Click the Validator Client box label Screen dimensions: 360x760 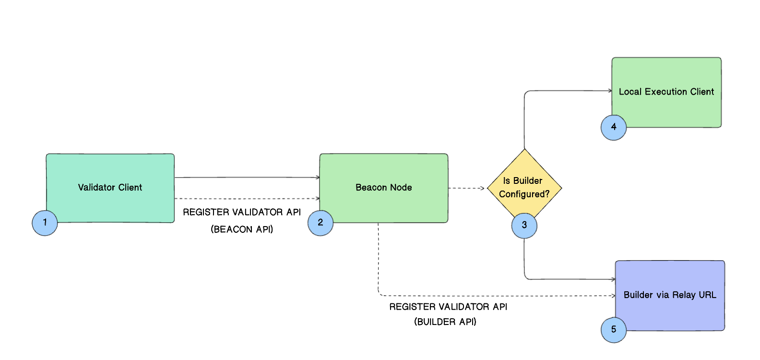tap(110, 188)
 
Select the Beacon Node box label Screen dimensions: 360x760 tap(383, 188)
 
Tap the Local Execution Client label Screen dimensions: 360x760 tap(666, 92)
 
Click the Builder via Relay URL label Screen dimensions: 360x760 tap(669, 295)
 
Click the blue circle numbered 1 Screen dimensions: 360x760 tap(45, 223)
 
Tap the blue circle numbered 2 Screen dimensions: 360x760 tap(321, 223)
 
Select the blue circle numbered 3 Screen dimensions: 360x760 tap(524, 226)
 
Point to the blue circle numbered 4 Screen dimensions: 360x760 tap(614, 127)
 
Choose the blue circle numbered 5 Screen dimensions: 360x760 tap(614, 330)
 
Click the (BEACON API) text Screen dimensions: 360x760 tap(242, 229)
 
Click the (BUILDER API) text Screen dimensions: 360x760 tap(445, 322)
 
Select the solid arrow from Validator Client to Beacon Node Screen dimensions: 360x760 tap(247, 178)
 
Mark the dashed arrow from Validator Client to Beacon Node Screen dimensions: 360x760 tap(247, 198)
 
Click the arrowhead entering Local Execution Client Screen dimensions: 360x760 tap(609, 91)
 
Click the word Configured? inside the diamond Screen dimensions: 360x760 tap(524, 194)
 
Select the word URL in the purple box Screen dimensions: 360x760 tap(707, 295)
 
